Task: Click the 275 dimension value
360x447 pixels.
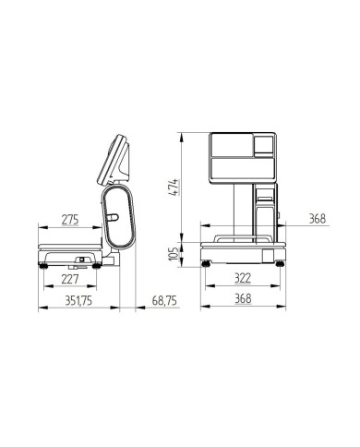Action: [x=70, y=220]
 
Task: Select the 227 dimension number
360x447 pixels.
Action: [x=70, y=279]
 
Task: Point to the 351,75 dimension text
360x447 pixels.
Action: [x=78, y=300]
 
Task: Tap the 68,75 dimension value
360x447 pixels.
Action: [x=164, y=300]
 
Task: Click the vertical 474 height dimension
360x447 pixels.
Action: [x=174, y=187]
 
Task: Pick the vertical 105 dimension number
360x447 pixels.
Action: [x=174, y=254]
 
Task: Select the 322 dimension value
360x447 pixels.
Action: [x=243, y=278]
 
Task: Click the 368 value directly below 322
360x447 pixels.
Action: [x=243, y=298]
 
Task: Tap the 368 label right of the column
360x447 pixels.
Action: [x=318, y=219]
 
